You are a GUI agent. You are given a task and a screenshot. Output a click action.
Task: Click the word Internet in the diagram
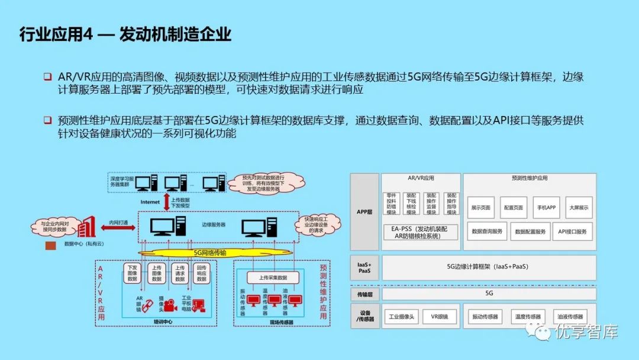pos(150,202)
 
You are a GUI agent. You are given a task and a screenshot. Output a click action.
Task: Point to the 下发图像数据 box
pos(133,274)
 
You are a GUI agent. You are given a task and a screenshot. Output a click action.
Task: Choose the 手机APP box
pos(546,208)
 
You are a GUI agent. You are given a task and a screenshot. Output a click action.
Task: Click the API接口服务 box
pos(572,232)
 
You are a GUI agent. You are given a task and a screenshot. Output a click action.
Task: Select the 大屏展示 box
pos(579,208)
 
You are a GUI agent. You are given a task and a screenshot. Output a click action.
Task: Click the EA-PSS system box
pos(421,232)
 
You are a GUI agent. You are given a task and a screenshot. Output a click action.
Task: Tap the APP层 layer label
pos(363,211)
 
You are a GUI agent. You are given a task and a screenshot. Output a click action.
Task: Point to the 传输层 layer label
pos(363,293)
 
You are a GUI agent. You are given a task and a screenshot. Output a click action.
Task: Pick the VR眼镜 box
pos(439,317)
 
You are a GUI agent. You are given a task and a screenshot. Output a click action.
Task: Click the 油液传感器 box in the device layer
pos(570,317)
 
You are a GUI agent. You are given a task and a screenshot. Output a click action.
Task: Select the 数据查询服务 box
pos(487,232)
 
